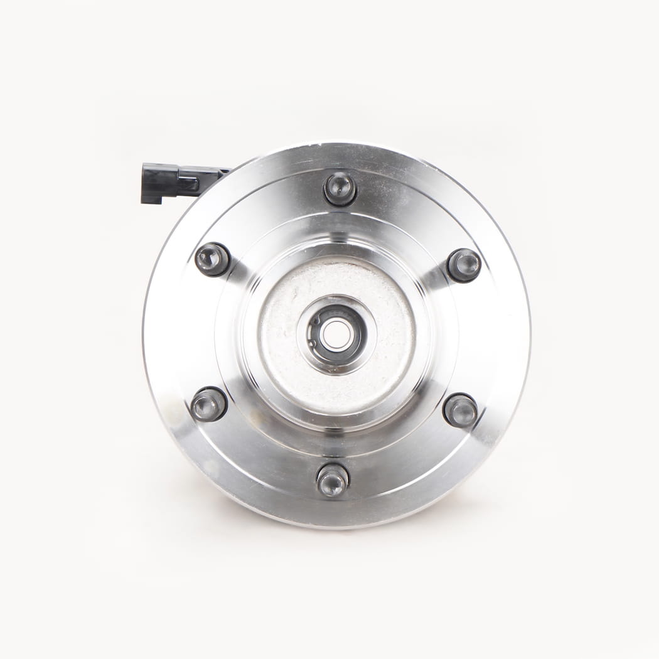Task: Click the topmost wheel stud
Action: pos(340,188)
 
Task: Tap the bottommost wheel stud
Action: pos(333,480)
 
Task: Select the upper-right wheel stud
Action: pos(464,265)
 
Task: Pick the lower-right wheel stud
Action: pos(461,410)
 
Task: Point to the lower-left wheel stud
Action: pos(209,404)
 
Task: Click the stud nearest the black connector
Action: pos(212,259)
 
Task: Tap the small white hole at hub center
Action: pos(337,333)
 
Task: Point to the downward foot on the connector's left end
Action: pos(151,196)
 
